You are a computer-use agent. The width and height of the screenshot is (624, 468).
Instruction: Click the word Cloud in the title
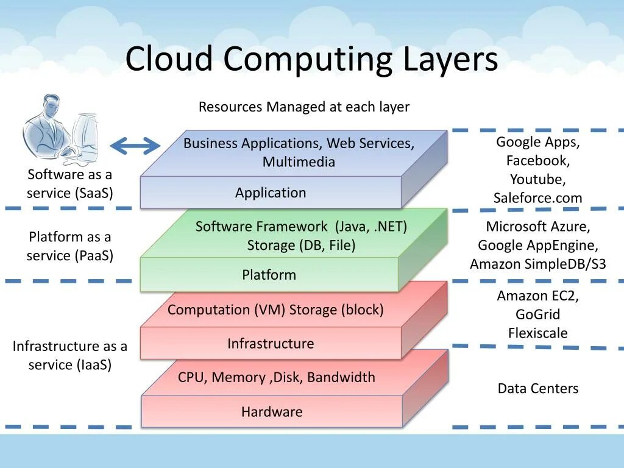click(x=169, y=60)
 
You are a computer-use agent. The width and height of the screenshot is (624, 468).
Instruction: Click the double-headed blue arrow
click(x=135, y=146)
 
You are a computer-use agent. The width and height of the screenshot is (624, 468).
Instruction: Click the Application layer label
click(x=271, y=193)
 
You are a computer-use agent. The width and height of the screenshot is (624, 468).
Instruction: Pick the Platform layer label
click(x=269, y=275)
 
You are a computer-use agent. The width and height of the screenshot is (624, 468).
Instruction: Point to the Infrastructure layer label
click(x=271, y=344)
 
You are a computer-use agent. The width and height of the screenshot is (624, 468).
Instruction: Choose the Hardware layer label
click(x=272, y=412)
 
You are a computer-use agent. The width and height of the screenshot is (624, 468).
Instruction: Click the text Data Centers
click(x=537, y=389)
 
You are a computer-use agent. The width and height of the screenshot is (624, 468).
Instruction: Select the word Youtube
click(x=537, y=180)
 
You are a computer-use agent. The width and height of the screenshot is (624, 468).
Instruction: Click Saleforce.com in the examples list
click(x=537, y=198)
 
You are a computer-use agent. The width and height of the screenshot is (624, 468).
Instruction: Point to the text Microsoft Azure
click(x=537, y=227)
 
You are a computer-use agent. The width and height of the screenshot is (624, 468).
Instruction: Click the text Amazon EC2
click(x=537, y=296)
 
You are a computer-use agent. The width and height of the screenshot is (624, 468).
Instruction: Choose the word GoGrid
click(x=537, y=315)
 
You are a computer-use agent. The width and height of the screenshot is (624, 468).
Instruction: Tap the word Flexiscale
click(x=537, y=333)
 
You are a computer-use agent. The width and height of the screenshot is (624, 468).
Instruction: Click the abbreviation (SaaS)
click(x=94, y=194)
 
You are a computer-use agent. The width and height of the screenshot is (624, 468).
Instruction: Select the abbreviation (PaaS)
click(x=94, y=256)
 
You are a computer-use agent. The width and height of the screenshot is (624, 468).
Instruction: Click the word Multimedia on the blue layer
click(x=299, y=162)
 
